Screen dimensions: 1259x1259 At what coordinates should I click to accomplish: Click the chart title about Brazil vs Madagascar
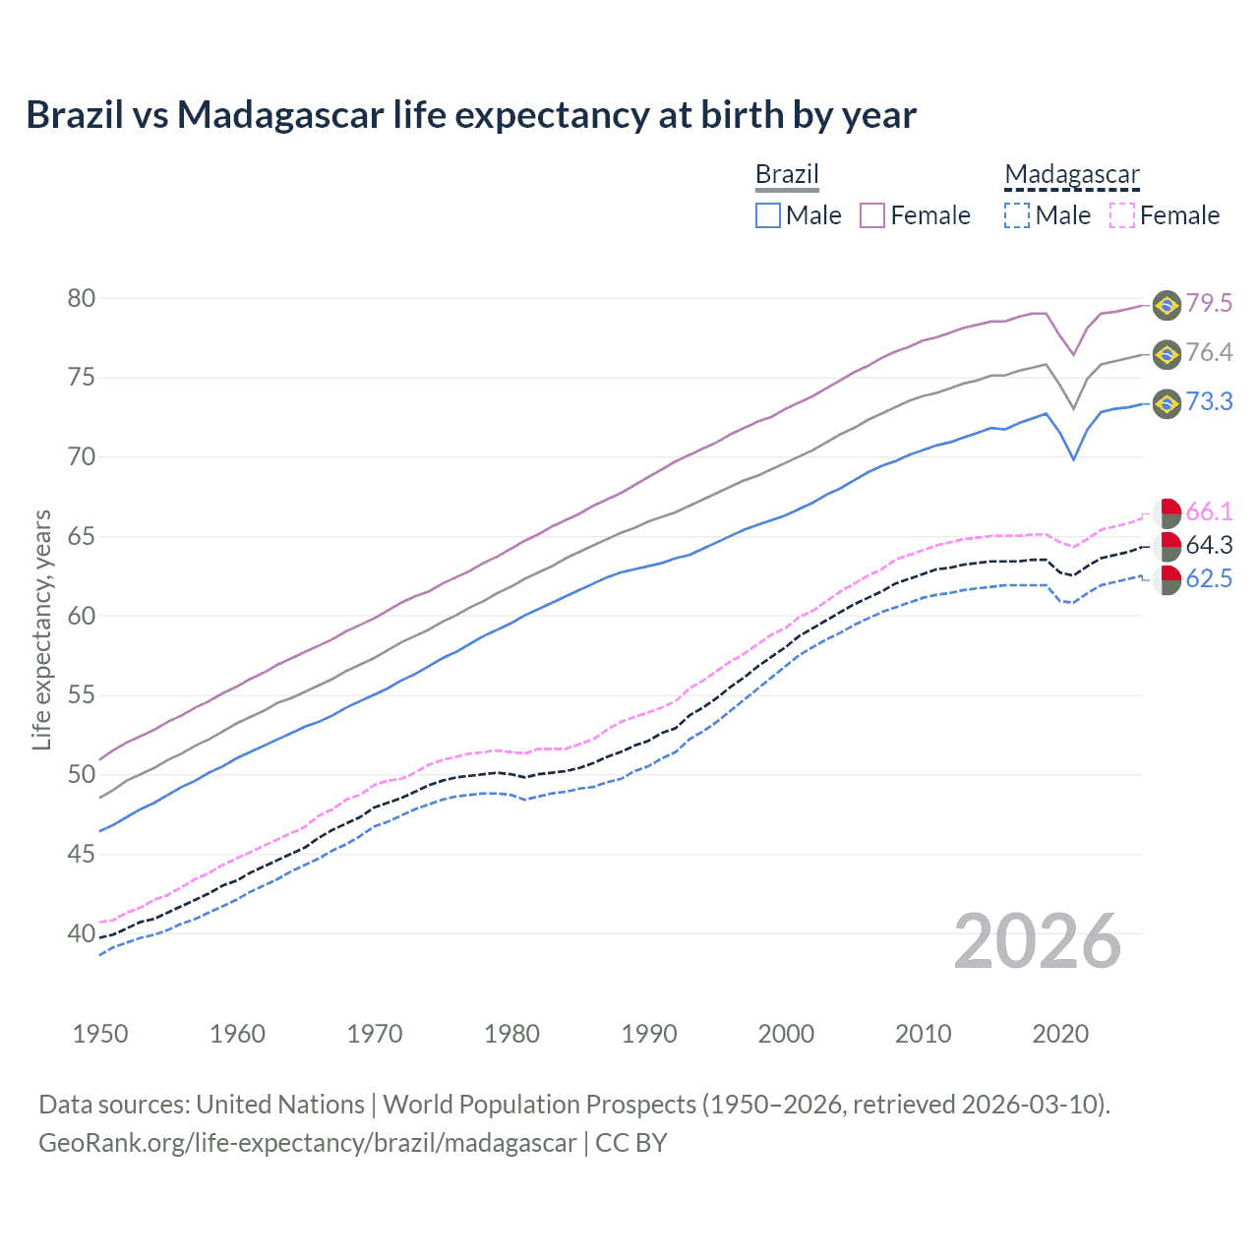click(x=471, y=115)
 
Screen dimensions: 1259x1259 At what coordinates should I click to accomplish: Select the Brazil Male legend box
click(x=768, y=215)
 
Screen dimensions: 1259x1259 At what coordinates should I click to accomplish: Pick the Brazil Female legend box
click(x=872, y=215)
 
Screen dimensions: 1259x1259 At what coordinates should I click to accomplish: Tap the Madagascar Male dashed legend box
click(x=1017, y=215)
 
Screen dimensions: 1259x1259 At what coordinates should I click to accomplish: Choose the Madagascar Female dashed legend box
click(x=1121, y=215)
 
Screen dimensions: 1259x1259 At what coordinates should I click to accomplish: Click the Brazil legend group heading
click(x=787, y=174)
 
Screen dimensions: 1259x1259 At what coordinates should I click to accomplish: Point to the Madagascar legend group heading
click(x=1072, y=174)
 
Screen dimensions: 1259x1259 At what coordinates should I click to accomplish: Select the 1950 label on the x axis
click(x=100, y=1034)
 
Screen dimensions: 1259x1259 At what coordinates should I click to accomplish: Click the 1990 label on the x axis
click(x=649, y=1034)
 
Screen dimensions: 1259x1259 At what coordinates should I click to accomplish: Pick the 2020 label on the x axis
click(x=1060, y=1034)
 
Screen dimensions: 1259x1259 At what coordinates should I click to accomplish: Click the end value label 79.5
click(x=1209, y=303)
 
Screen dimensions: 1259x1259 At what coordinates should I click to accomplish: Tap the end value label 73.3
click(x=1209, y=401)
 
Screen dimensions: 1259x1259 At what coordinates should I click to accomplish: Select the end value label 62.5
click(x=1209, y=578)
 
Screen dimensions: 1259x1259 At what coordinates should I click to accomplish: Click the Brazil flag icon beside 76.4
click(x=1167, y=354)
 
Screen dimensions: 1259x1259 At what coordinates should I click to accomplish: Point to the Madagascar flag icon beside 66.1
click(x=1168, y=512)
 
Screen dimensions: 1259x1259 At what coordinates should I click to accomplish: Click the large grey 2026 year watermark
click(x=1038, y=941)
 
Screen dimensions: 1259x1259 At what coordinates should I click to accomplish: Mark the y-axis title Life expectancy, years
click(x=41, y=629)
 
